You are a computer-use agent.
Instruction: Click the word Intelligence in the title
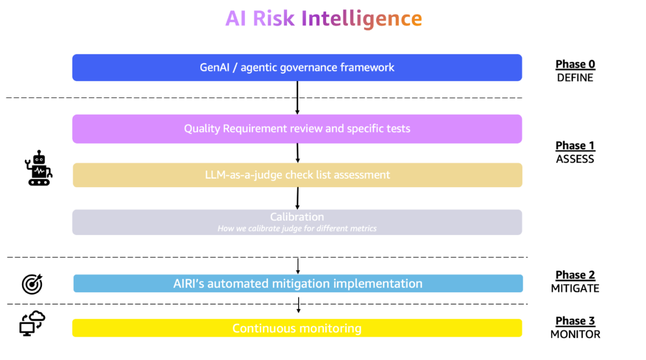click(361, 19)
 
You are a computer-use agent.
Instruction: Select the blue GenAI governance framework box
click(297, 68)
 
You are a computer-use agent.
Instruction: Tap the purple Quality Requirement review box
click(297, 129)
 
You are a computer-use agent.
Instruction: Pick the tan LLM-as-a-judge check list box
click(297, 175)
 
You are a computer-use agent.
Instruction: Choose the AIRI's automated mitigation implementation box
click(298, 284)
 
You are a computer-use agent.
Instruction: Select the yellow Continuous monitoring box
click(297, 328)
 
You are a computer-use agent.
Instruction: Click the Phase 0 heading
click(575, 65)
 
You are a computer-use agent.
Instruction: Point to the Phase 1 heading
click(575, 146)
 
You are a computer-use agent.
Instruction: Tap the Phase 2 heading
click(575, 275)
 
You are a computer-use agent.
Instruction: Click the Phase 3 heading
click(575, 321)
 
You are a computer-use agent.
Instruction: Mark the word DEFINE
click(575, 78)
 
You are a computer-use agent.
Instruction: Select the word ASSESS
click(575, 159)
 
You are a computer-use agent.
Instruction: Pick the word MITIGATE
click(575, 288)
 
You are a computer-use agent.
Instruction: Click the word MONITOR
click(575, 334)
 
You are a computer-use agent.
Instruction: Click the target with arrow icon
click(32, 284)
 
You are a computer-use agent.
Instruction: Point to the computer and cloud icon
click(32, 324)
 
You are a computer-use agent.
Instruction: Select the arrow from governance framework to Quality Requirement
click(297, 97)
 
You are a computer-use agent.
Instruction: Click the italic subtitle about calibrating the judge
click(297, 229)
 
